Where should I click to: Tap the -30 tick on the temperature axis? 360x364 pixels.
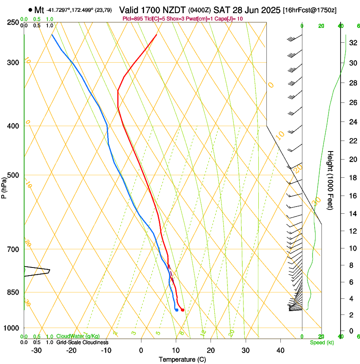click(x=36, y=350)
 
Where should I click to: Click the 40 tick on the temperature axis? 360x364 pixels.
click(x=280, y=350)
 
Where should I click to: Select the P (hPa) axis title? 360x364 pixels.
click(x=4, y=187)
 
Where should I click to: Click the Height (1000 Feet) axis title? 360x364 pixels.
click(x=331, y=180)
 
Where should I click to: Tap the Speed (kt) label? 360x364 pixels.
click(x=321, y=342)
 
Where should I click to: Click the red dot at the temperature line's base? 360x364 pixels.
click(x=183, y=310)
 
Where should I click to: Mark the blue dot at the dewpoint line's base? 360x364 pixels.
click(x=177, y=310)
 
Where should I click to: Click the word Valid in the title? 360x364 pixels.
click(x=130, y=10)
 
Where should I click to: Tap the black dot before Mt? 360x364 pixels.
click(x=30, y=10)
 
